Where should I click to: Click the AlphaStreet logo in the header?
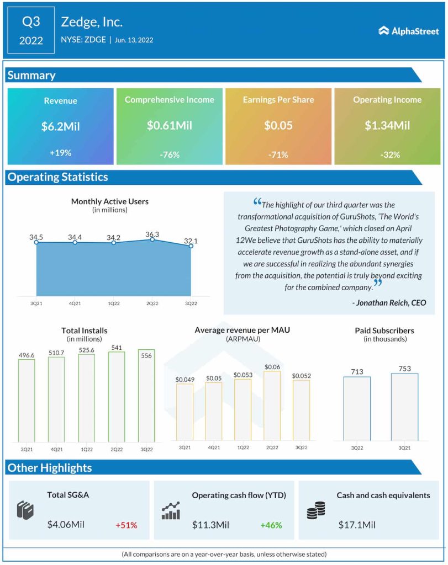[x=408, y=31]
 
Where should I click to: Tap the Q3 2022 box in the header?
[x=31, y=30]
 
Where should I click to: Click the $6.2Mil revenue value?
[x=60, y=126]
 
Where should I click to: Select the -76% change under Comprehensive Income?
[x=169, y=155]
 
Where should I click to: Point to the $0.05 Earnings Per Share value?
[x=278, y=126]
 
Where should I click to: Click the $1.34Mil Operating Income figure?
[x=387, y=126]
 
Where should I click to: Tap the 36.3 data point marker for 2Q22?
[x=152, y=239]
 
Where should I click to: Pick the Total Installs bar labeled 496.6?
[x=27, y=399]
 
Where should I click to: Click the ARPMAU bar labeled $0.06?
[x=272, y=406]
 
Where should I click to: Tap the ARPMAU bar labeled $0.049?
[x=185, y=412]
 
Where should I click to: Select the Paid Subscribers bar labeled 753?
[x=404, y=407]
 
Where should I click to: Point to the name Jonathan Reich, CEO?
[x=389, y=303]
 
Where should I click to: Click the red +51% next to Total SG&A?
[x=126, y=525]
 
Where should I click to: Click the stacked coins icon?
[x=316, y=511]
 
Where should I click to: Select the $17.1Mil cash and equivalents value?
[x=357, y=525]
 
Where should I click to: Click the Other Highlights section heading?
[x=50, y=468]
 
